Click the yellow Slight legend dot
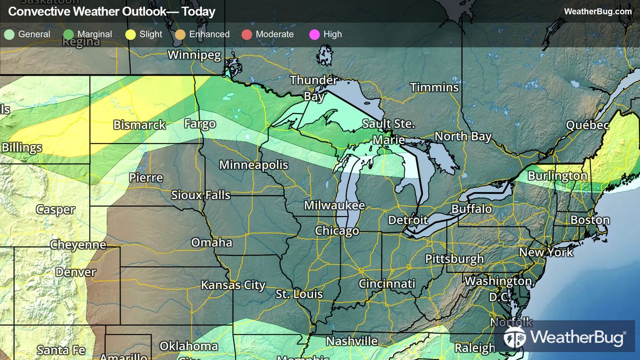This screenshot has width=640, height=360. pos(130,35)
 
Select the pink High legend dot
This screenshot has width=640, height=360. pos(314,35)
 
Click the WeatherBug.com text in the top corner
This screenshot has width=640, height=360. pos(597,11)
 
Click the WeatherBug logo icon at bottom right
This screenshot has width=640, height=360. pos(515,337)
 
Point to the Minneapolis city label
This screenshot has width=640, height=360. pos(253,165)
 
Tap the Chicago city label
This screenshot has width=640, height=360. pos(337,231)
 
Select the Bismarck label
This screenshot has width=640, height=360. pos(139,125)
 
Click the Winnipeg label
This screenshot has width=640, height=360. pos(194,55)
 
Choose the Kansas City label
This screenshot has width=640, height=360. pos(233,285)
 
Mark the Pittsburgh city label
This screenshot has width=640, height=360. pos(454,259)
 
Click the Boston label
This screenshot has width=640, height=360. pos(589,220)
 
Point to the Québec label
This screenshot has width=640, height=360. pos(587,125)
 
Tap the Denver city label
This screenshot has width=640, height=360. pos(76,272)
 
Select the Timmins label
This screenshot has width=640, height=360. pos(434,87)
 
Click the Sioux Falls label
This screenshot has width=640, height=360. pos(201,195)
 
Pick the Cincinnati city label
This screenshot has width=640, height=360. pos(387,284)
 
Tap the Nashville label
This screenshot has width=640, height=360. pos(351,341)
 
